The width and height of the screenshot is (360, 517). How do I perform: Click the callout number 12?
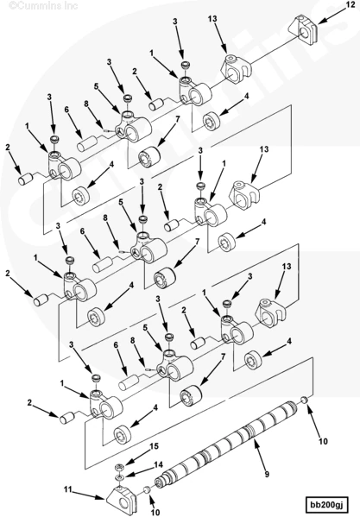[x=348, y=4]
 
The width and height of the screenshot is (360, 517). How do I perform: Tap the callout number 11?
[x=67, y=490]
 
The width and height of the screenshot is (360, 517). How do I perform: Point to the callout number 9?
[x=267, y=474]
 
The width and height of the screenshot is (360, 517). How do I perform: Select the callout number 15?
[x=155, y=446]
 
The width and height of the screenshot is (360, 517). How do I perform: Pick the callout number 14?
[x=158, y=464]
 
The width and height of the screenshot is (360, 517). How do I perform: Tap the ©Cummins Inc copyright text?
[x=43, y=5]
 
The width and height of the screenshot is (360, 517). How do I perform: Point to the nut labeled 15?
[x=119, y=467]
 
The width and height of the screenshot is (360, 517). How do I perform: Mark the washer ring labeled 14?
[x=118, y=478]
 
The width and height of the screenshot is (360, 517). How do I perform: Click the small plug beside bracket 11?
[x=147, y=490]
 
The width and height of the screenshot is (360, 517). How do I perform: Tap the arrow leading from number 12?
[x=331, y=16]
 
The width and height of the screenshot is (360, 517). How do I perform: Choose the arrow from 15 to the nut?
[x=136, y=458]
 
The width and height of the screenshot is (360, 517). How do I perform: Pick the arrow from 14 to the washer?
[x=140, y=470]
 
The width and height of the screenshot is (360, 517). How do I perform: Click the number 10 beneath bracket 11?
[x=155, y=512]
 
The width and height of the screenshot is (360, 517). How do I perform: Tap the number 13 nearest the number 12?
[x=212, y=19]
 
